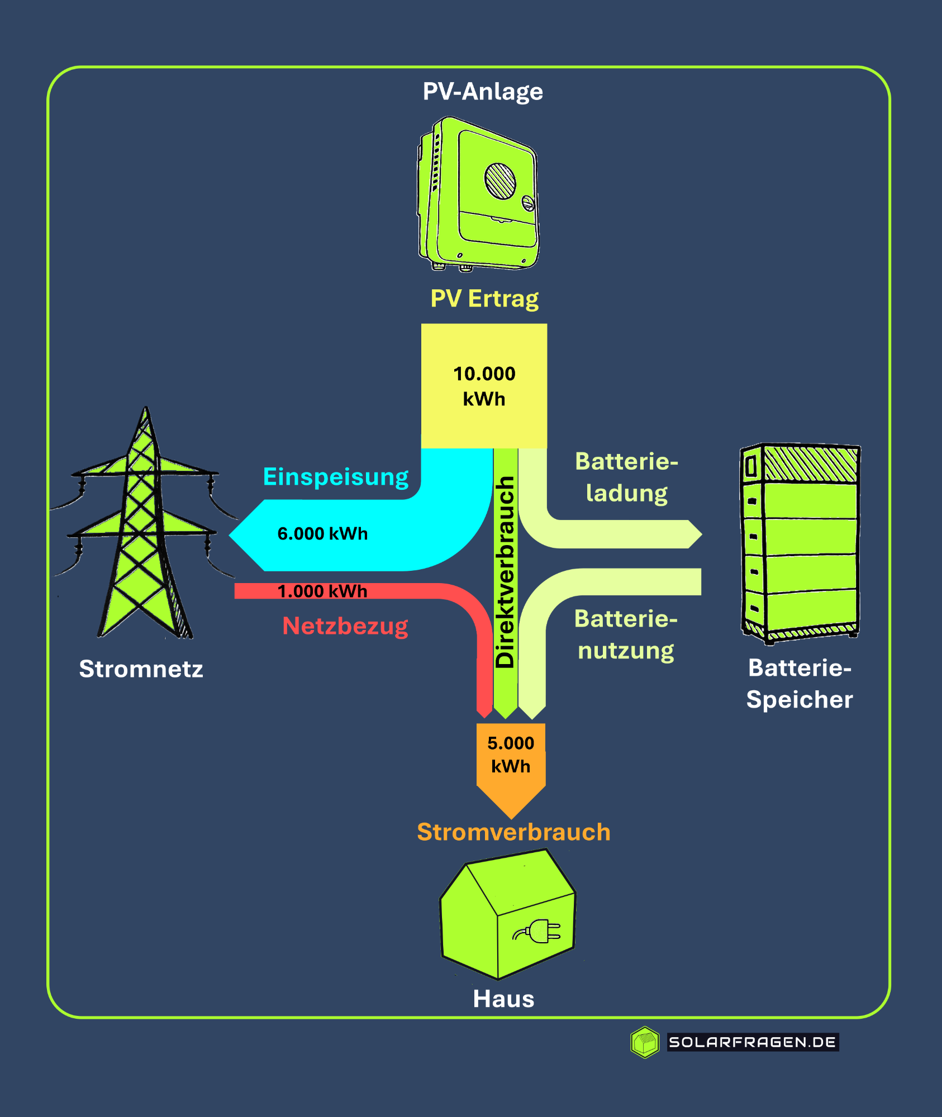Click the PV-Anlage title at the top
point(483,92)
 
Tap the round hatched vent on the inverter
point(499,180)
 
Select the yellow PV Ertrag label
point(484,299)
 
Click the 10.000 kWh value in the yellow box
point(484,386)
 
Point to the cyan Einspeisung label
point(336,477)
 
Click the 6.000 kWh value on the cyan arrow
point(322,534)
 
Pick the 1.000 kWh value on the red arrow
point(322,591)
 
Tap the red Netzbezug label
point(345,626)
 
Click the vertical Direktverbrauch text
point(505,572)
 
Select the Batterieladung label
point(626,478)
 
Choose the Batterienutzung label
point(626,635)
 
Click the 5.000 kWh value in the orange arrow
point(511,755)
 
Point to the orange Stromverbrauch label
point(513,832)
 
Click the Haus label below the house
point(503,999)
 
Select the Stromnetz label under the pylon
point(141,669)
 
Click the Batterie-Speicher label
point(800,684)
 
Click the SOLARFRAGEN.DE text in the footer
point(752,1042)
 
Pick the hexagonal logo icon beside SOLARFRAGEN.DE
point(645,1042)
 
